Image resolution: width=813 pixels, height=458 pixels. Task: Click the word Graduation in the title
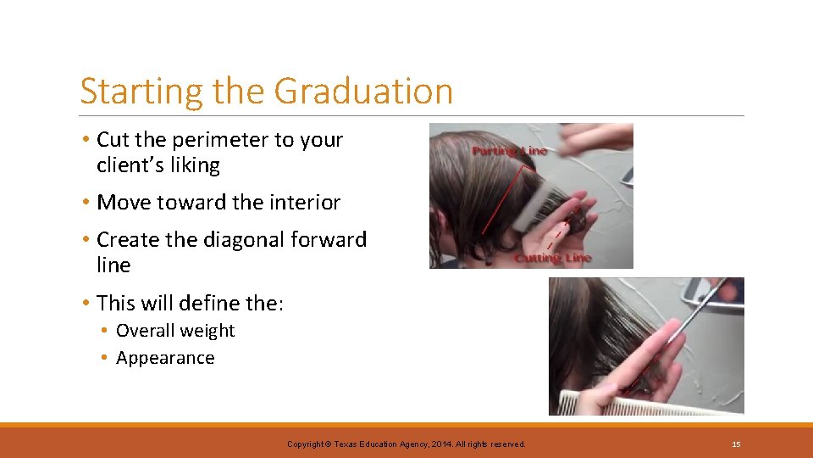pyautogui.click(x=364, y=92)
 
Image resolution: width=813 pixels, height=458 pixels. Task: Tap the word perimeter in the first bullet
pyautogui.click(x=227, y=140)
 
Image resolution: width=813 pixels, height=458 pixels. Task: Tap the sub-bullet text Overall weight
pyautogui.click(x=175, y=331)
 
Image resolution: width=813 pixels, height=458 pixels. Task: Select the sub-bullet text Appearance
pyautogui.click(x=165, y=358)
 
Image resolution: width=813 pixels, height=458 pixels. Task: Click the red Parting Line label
pyautogui.click(x=510, y=151)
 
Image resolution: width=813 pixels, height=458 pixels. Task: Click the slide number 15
pyautogui.click(x=736, y=444)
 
